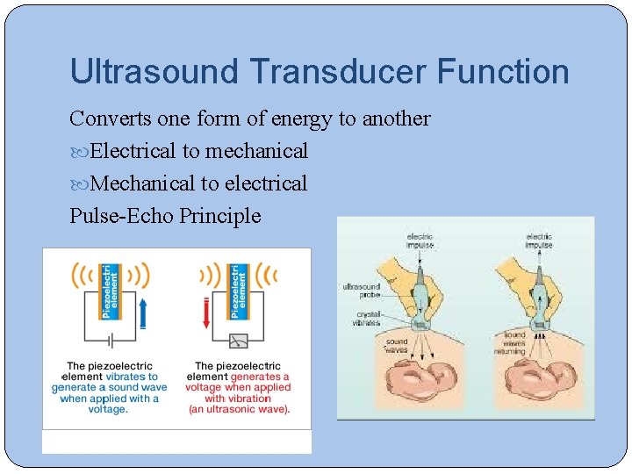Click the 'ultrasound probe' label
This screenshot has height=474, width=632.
coord(362,291)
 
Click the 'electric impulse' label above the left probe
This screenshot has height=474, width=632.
coord(420,241)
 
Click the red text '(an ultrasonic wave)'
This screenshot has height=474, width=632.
coord(238,409)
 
